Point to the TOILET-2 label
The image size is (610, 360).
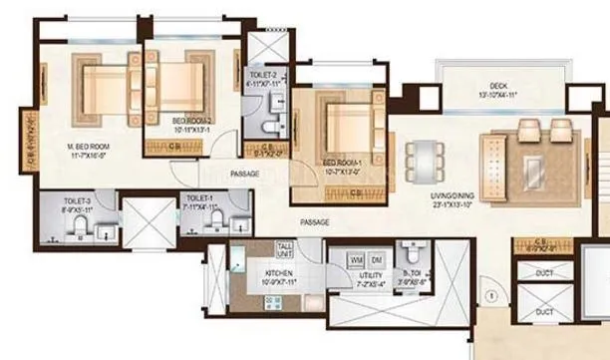tap(266, 73)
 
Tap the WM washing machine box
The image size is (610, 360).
tap(356, 259)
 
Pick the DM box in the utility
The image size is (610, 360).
tap(374, 259)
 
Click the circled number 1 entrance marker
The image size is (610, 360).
tap(490, 295)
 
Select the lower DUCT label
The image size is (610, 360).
tap(545, 312)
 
